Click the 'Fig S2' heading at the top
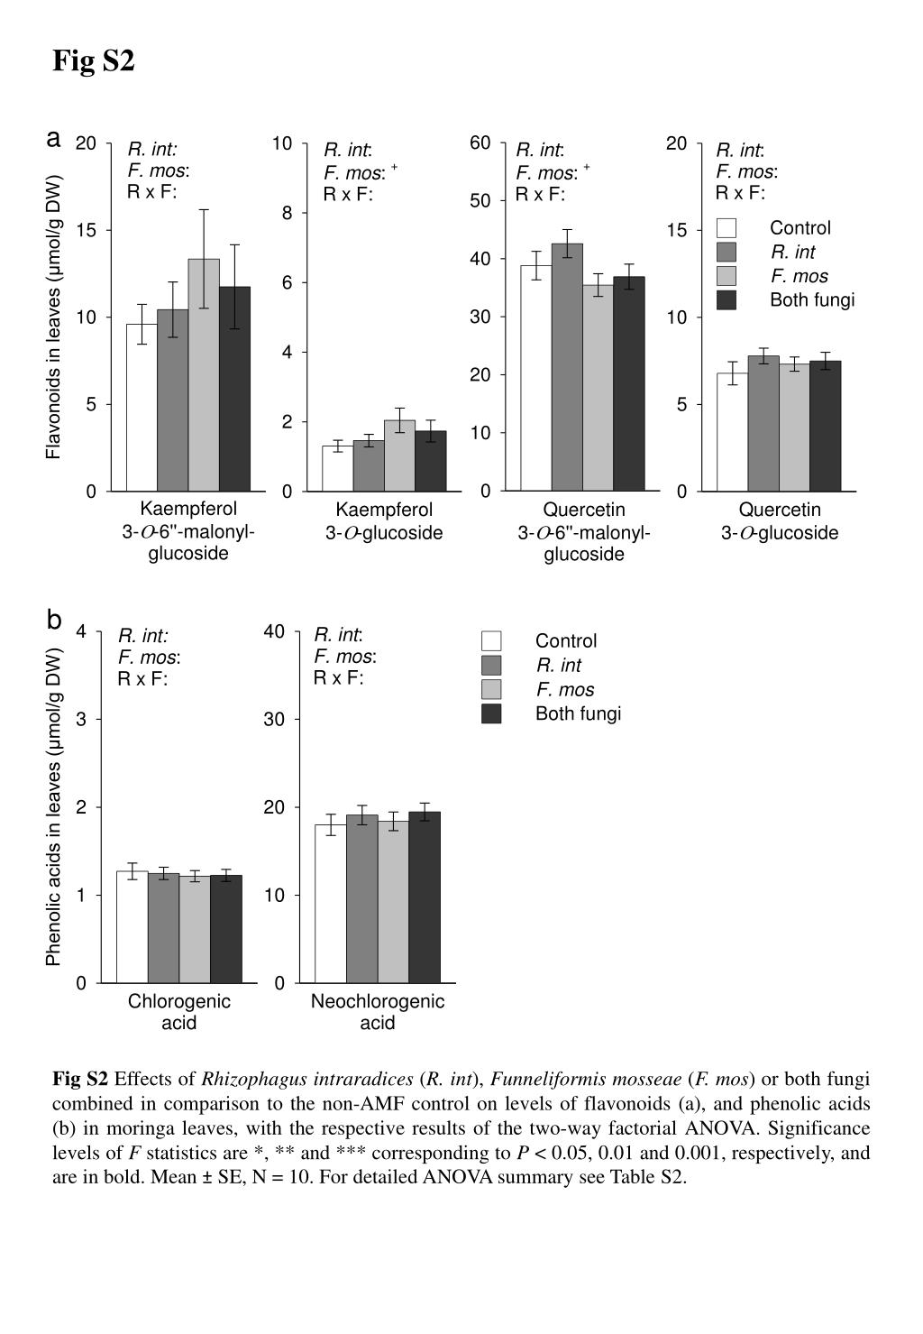[94, 60]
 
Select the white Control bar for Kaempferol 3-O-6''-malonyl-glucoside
[142, 408]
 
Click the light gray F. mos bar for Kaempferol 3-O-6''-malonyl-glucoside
[204, 375]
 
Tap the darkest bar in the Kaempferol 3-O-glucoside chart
[430, 461]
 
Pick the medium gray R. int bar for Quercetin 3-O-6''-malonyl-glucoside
[567, 367]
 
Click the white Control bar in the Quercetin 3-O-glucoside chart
[732, 432]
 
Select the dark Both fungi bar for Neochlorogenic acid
[425, 897]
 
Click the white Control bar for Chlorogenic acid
[133, 926]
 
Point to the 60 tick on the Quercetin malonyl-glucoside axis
[480, 143]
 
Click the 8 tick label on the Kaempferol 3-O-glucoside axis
[287, 213]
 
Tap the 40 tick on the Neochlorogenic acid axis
[274, 631]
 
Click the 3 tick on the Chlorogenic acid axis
[81, 720]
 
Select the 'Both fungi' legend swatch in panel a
[726, 300]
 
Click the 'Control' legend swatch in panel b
[491, 640]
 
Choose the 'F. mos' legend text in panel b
[565, 690]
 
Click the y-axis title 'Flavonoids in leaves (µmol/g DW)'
[53, 317]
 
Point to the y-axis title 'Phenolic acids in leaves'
[53, 807]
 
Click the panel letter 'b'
[53, 620]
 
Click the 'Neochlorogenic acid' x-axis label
[378, 1012]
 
